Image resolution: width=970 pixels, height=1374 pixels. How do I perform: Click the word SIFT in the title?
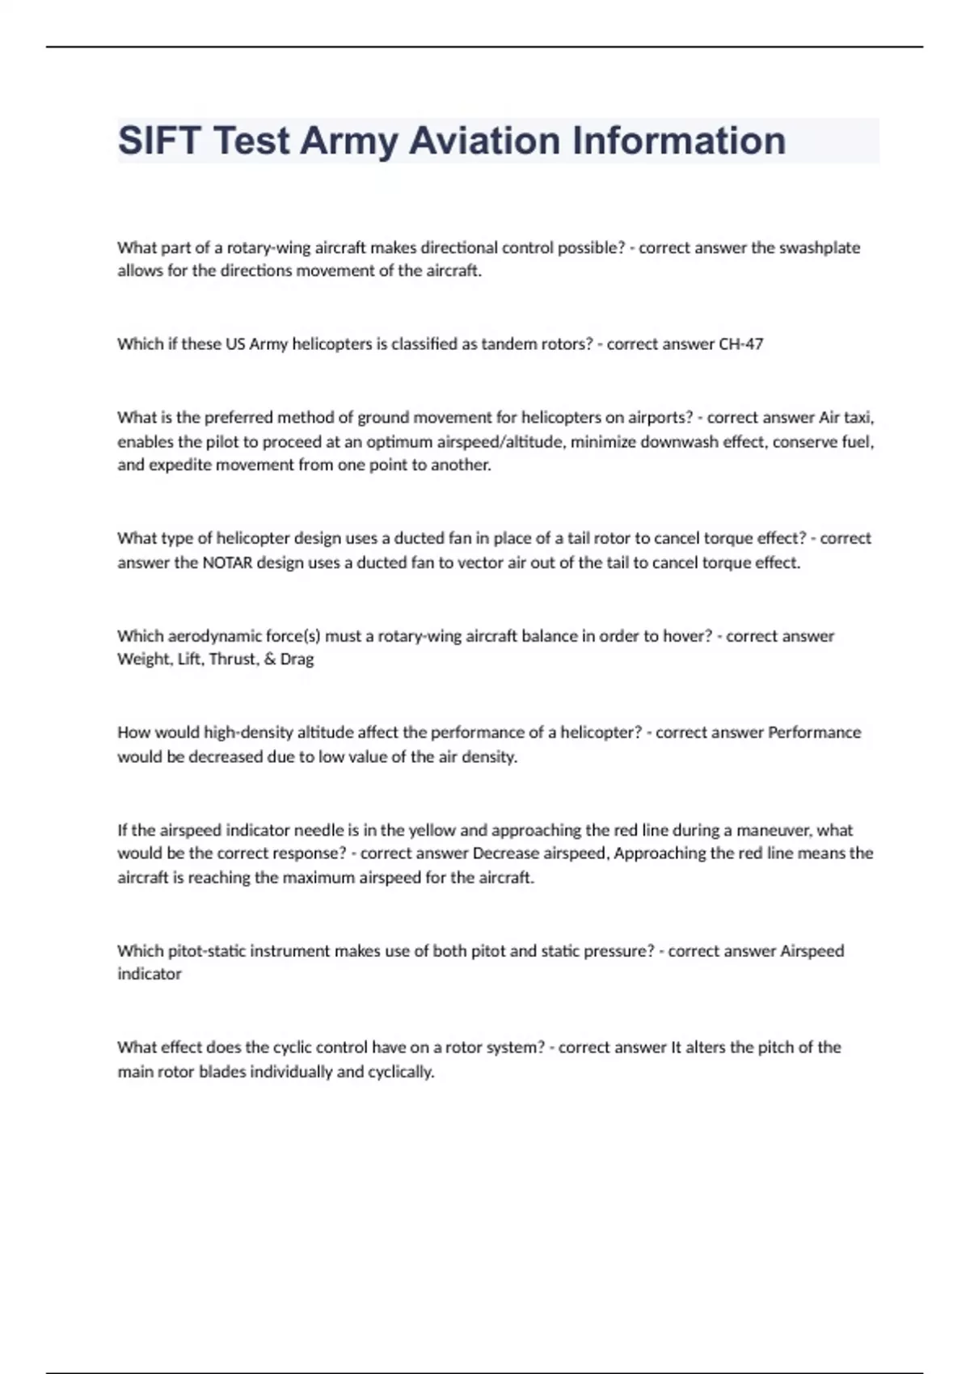[159, 141]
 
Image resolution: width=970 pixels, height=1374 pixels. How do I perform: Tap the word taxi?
[859, 418]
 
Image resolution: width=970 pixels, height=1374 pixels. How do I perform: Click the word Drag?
[297, 660]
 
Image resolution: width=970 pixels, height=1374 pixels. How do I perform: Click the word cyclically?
[401, 1073]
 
